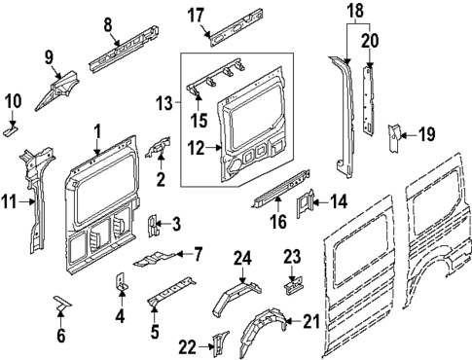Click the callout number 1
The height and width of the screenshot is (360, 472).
coord(97,130)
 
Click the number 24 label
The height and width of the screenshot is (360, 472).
coord(242,258)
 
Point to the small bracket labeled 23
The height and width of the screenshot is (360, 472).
coord(293,287)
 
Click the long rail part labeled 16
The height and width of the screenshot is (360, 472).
coord(277,186)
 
